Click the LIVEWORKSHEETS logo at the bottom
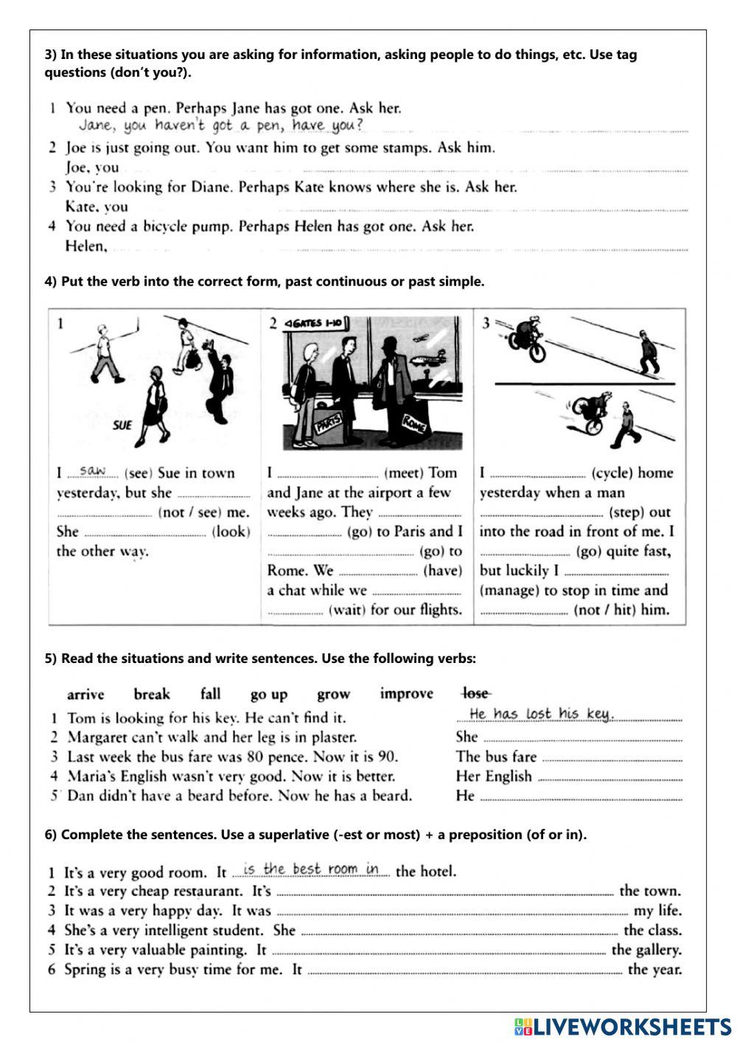[x=622, y=1026]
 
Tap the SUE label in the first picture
[x=122, y=425]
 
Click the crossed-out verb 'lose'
[x=476, y=693]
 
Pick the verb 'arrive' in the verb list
[x=85, y=695]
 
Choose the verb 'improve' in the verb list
[x=407, y=694]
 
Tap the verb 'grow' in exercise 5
[x=333, y=695]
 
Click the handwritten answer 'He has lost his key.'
[x=541, y=713]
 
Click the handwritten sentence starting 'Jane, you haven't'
[x=221, y=126]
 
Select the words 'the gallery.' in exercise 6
[x=646, y=950]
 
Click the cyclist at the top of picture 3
[x=528, y=338]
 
